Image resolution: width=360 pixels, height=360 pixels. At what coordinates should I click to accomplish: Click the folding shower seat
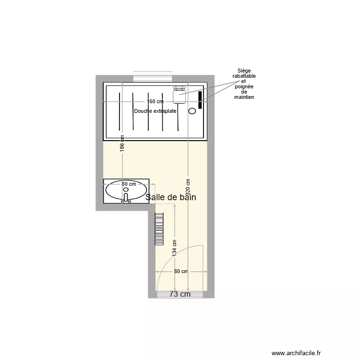[179, 95]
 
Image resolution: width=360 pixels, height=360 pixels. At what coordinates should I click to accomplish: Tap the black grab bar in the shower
[200, 100]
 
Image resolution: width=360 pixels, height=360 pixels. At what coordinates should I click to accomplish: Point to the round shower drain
[192, 111]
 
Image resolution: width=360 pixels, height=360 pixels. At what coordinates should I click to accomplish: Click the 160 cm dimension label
[155, 101]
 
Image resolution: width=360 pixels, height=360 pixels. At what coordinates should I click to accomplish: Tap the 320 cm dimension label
[188, 188]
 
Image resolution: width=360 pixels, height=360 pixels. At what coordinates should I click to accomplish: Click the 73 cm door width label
[180, 294]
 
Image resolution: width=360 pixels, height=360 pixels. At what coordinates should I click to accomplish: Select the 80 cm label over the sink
[128, 184]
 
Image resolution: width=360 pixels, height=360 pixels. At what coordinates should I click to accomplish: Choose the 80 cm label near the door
[181, 272]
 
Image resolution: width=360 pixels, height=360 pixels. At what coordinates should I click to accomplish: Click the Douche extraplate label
[155, 111]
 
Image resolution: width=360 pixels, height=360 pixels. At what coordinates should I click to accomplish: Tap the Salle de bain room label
[171, 197]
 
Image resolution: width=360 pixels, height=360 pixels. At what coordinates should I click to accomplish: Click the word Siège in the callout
[244, 71]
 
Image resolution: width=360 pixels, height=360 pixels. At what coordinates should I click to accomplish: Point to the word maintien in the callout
[244, 97]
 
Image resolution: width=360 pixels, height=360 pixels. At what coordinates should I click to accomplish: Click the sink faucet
[126, 197]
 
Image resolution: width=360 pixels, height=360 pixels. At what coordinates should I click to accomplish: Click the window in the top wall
[153, 77]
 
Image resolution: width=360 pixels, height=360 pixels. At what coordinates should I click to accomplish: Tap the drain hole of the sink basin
[126, 191]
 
